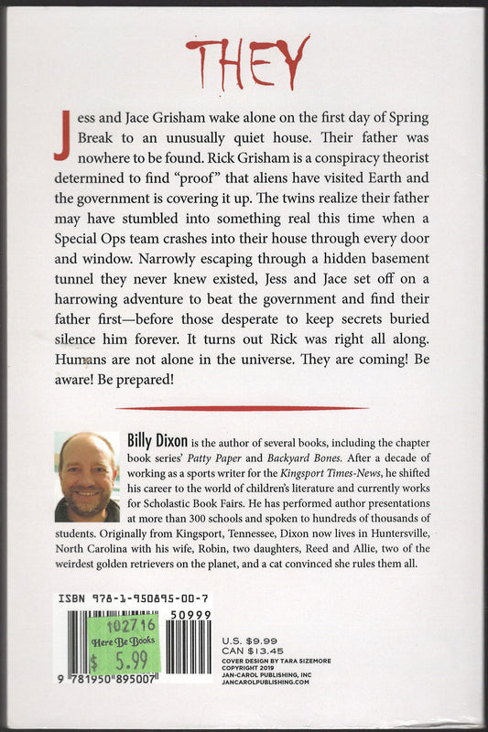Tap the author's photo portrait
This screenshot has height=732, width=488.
[87, 477]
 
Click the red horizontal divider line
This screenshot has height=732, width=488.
[244, 407]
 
